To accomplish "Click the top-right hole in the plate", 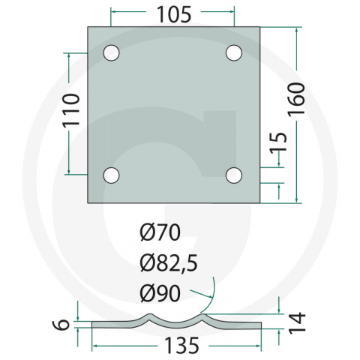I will click(x=233, y=52).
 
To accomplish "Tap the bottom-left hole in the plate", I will click(x=111, y=175).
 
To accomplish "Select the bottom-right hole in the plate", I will click(x=233, y=175).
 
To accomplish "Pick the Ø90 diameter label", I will click(x=160, y=291).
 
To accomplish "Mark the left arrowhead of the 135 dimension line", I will click(x=94, y=346).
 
